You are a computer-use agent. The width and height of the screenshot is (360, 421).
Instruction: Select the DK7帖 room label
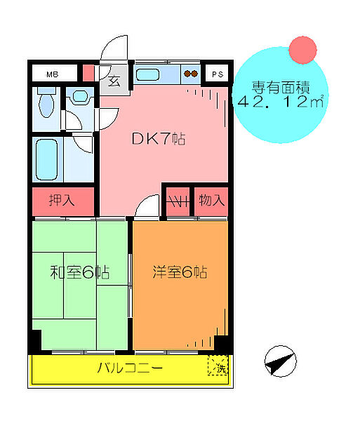point(159,138)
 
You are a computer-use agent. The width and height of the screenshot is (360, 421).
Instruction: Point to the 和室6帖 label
point(79,272)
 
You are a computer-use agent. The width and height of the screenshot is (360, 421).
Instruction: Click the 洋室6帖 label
point(180,272)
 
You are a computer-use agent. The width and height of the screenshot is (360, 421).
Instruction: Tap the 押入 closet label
point(62,201)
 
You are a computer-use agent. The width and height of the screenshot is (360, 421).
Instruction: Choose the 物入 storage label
point(212,201)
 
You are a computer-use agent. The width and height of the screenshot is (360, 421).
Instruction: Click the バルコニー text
point(130,368)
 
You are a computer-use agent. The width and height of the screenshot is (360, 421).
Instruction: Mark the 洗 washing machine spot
point(218,365)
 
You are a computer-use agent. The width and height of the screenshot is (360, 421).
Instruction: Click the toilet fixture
point(46,104)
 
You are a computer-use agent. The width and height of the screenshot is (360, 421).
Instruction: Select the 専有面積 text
point(279,88)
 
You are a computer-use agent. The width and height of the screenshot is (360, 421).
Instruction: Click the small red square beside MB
point(88,73)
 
